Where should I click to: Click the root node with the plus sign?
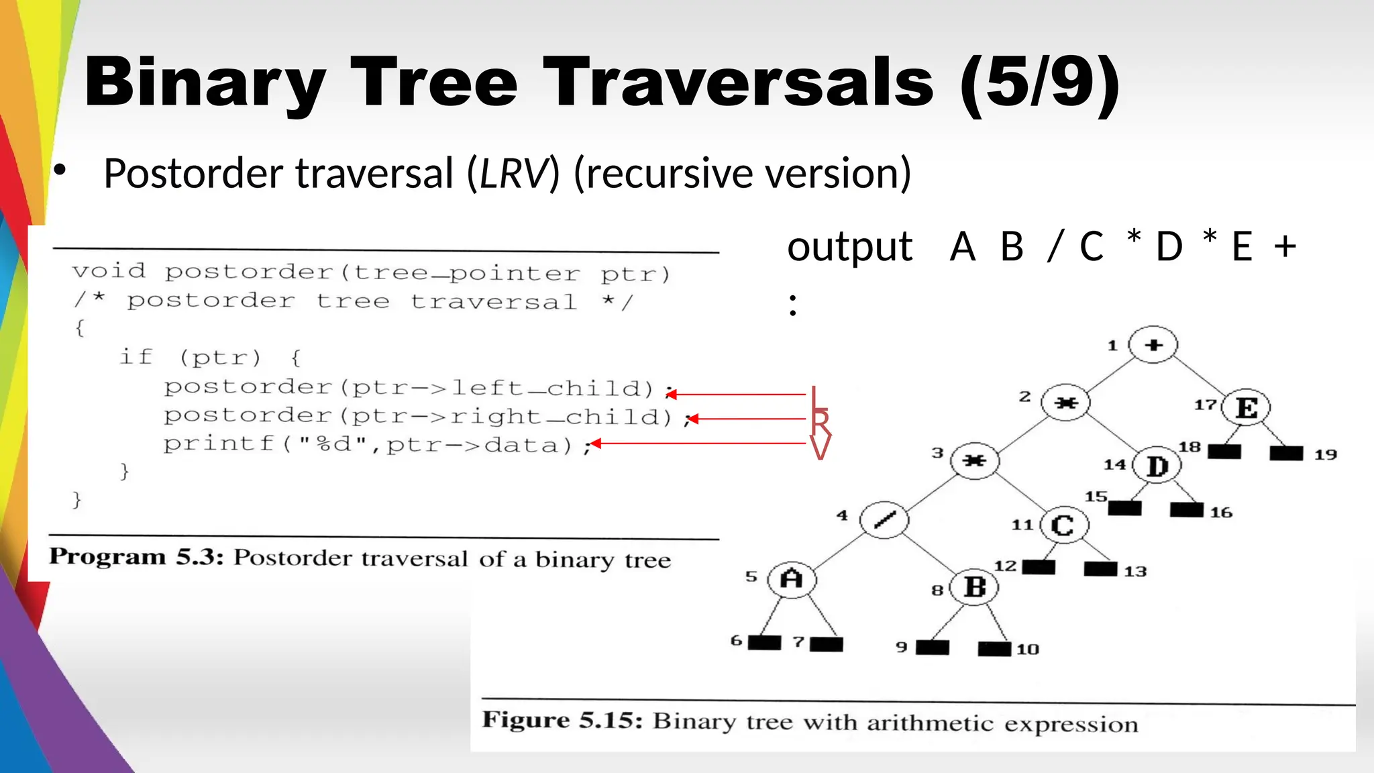click(x=1153, y=345)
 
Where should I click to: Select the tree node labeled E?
click(x=1246, y=407)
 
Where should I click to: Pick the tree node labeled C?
click(x=1063, y=525)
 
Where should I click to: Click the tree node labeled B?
click(x=974, y=587)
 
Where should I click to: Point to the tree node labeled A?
click(x=792, y=578)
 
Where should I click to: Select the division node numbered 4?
click(x=884, y=519)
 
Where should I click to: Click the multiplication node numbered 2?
click(x=1065, y=403)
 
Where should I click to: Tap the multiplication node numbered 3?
click(x=974, y=460)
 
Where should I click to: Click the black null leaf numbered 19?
click(x=1286, y=453)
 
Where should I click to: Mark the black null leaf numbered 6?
click(x=764, y=643)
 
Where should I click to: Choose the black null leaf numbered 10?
click(x=994, y=649)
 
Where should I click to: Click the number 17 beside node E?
click(x=1205, y=405)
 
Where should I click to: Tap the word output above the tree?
click(x=849, y=247)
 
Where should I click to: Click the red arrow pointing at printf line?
click(x=698, y=444)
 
